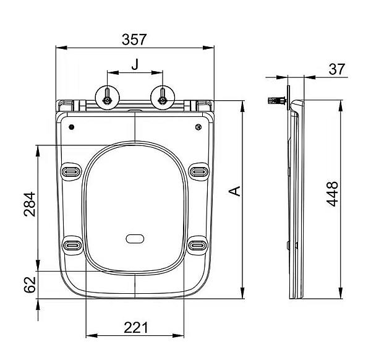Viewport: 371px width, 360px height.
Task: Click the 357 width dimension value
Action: pos(134,40)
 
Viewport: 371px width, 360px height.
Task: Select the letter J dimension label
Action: pos(135,64)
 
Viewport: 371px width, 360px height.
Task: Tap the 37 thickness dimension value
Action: pos(337,69)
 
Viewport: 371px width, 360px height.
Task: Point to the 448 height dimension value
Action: pos(332,194)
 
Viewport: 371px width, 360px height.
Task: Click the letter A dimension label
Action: pos(235,191)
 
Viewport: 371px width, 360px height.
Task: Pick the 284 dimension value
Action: pos(30,204)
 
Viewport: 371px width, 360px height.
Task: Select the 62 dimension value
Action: pos(30,285)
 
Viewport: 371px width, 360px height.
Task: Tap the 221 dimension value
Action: pos(135,328)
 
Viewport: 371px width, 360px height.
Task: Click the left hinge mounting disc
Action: pos(107,98)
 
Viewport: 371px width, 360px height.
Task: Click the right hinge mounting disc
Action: pos(163,98)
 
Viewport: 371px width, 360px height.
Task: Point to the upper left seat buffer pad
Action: pos(71,171)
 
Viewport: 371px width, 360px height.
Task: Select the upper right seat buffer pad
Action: pos(198,171)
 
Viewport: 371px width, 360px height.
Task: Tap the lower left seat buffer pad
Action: pos(72,245)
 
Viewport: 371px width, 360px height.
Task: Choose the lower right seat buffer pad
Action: pos(198,245)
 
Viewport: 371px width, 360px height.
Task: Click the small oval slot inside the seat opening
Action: pos(135,239)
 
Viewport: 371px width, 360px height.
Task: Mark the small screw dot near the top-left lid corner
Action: pos(72,127)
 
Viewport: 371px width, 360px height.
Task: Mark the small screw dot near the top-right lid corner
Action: pos(198,127)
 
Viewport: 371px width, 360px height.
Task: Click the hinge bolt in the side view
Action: pos(277,100)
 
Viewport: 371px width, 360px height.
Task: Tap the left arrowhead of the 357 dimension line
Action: pos(61,48)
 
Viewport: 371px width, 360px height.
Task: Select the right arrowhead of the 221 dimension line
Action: pos(179,336)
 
